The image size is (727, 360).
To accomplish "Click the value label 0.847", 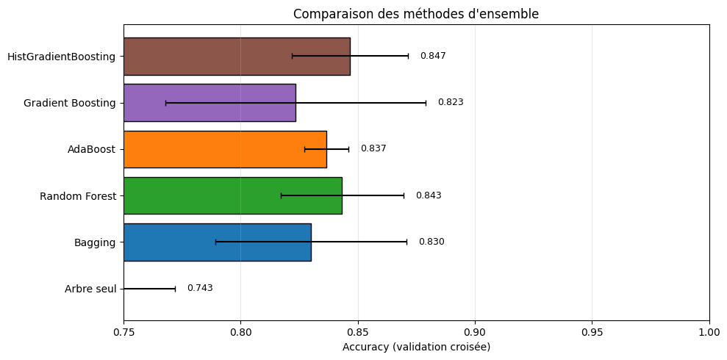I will point(433,56).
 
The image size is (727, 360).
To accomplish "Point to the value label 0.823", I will point(451,102).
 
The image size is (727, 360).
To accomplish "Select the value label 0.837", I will point(373,148).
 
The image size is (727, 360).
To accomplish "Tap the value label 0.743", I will point(200,288).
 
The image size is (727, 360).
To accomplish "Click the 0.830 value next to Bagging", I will point(431,242).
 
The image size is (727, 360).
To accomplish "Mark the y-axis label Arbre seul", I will point(90,289).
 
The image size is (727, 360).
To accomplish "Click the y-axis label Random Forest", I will point(77,196).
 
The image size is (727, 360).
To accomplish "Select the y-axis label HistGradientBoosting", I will point(61,57).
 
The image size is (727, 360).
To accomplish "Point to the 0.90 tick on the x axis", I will point(475,332).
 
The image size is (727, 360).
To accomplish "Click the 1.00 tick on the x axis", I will point(709,332).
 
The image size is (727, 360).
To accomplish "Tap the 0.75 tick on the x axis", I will point(123,332).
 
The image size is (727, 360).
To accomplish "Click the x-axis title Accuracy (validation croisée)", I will point(416,347).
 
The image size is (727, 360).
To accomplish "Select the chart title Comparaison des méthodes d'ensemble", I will point(416,14).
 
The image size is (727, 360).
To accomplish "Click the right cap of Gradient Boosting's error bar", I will point(426,103).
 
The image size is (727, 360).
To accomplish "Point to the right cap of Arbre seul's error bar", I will point(175,289).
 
